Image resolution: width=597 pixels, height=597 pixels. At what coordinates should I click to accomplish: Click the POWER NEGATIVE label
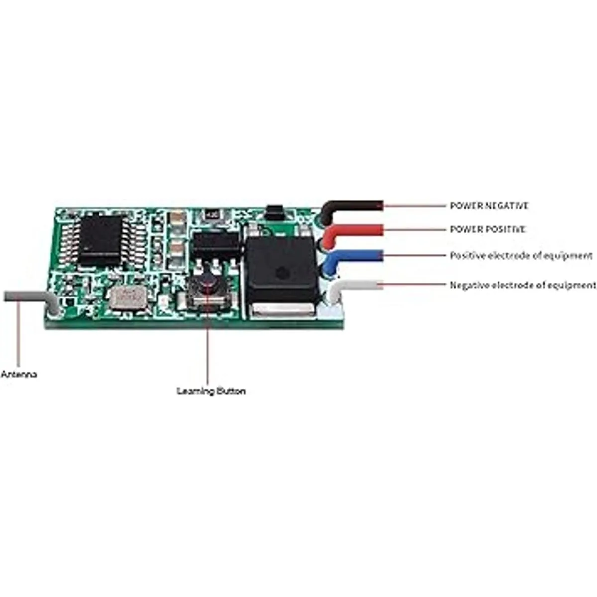pyautogui.click(x=489, y=205)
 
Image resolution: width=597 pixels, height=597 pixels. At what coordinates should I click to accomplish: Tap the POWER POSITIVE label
pyautogui.click(x=488, y=229)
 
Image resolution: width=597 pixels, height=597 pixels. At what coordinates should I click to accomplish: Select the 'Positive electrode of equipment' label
pyautogui.click(x=521, y=256)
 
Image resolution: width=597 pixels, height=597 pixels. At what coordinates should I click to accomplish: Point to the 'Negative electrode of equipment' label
pyautogui.click(x=523, y=285)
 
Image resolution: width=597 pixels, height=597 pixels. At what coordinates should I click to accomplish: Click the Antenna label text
pyautogui.click(x=19, y=374)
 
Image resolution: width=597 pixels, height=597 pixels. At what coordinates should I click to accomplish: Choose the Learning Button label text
pyautogui.click(x=211, y=391)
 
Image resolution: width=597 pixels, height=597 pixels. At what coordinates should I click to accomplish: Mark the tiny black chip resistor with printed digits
pyautogui.click(x=210, y=215)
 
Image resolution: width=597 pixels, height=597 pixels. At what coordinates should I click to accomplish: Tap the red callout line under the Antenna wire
pyautogui.click(x=19, y=331)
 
